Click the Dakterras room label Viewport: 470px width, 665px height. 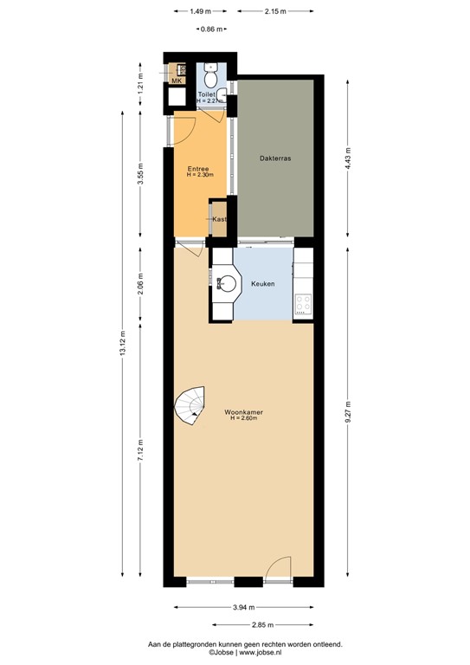pyautogui.click(x=274, y=158)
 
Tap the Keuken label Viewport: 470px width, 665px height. pyautogui.click(x=263, y=283)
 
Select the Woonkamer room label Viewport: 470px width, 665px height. pyautogui.click(x=243, y=412)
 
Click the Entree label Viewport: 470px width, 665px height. pyautogui.click(x=199, y=169)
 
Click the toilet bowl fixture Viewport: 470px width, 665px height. pyautogui.click(x=211, y=70)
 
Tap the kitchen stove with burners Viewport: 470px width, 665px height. pyautogui.click(x=304, y=303)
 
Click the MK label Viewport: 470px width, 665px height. pyautogui.click(x=177, y=81)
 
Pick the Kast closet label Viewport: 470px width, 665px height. pyautogui.click(x=219, y=220)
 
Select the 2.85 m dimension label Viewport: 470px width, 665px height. pyautogui.click(x=262, y=625)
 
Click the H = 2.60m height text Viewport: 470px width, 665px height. pyautogui.click(x=244, y=420)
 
